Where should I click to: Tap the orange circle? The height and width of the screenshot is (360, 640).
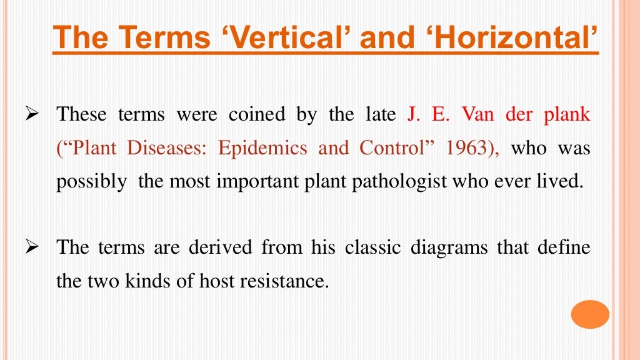590,314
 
